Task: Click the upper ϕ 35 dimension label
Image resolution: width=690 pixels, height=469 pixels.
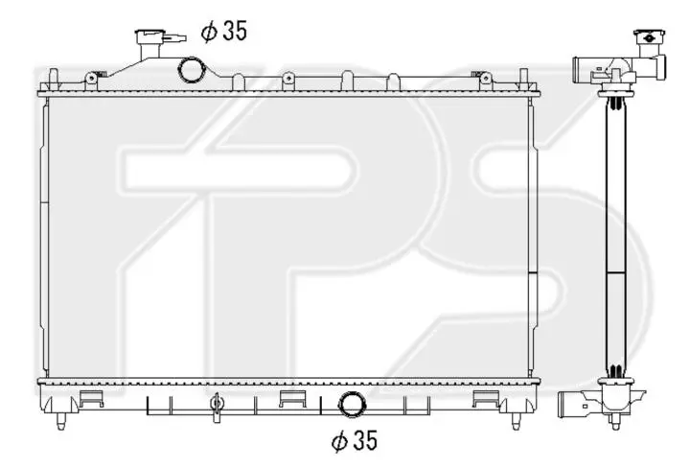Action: click(x=224, y=31)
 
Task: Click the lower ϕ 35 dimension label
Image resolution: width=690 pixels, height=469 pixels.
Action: click(x=355, y=440)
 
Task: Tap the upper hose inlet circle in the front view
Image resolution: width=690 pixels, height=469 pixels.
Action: click(x=192, y=70)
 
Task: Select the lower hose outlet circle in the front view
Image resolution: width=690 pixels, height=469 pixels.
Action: click(x=352, y=405)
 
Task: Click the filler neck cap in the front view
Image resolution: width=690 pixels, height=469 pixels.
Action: click(x=150, y=36)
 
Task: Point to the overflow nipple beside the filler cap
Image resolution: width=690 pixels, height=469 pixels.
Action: click(x=175, y=37)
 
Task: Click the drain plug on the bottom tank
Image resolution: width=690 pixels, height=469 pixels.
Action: click(x=216, y=406)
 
